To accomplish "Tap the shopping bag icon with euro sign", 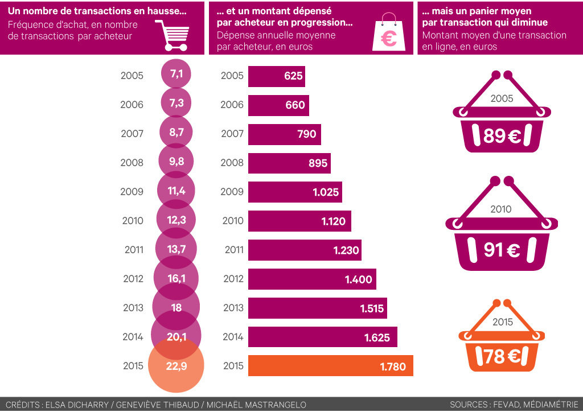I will pos(389,34).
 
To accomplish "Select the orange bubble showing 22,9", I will pos(176,366).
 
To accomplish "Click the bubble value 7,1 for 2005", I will pos(176,75).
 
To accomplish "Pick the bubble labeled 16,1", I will pos(176,278).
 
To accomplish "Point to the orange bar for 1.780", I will pos(330,366).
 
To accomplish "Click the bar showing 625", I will pos(276,76).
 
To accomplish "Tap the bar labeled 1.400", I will pos(312,279).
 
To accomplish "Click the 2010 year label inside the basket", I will pos(501,209).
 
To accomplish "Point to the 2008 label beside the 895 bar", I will pos(232,163).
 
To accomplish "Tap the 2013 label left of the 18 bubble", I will pos(133,308).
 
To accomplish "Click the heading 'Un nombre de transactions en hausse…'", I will pos(97,11).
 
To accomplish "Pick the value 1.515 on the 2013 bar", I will pos(372,308).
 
